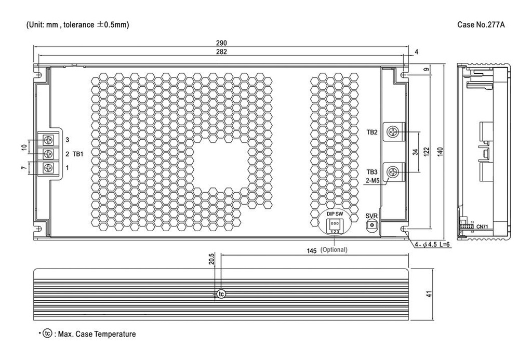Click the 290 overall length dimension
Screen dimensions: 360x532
pyautogui.click(x=221, y=43)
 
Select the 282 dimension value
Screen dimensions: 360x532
pyautogui.click(x=221, y=51)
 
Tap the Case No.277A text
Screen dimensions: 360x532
pyautogui.click(x=481, y=25)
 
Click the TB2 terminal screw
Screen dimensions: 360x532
pyautogui.click(x=393, y=132)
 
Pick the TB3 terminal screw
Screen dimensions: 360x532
pyautogui.click(x=393, y=171)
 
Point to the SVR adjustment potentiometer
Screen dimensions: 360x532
pyautogui.click(x=371, y=225)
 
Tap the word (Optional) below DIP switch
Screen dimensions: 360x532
pyautogui.click(x=334, y=250)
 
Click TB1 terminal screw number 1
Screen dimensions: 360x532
pyautogui.click(x=49, y=167)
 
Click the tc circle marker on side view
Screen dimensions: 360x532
pyautogui.click(x=221, y=294)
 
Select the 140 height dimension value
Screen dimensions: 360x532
pyautogui.click(x=439, y=151)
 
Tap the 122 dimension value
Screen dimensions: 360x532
pyautogui.click(x=426, y=151)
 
